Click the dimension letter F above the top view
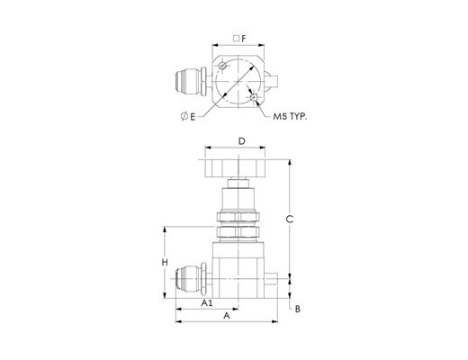coord(244,39)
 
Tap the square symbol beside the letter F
coord(237,39)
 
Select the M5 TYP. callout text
coord(290,117)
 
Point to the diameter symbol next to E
coord(184,116)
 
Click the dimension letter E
coord(193,117)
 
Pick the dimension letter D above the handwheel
coord(242,141)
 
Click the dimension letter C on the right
coord(289,220)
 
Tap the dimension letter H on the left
coord(165,263)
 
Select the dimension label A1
coord(207,303)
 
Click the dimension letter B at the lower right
coord(298,309)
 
